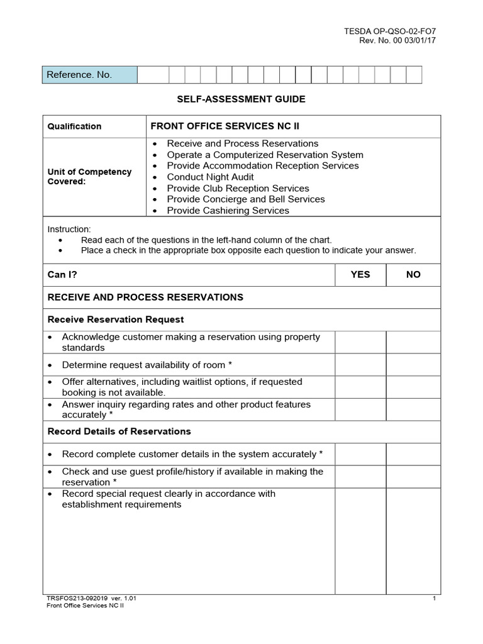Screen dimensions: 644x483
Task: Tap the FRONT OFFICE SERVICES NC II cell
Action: pos(225,126)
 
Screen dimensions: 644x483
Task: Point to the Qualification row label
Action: pos(74,126)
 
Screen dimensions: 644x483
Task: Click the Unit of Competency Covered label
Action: pos(89,177)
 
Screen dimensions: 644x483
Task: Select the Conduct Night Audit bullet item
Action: pos(210,177)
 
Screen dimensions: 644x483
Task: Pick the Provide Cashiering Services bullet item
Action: pos(228,211)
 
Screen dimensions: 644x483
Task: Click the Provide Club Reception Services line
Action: pos(238,188)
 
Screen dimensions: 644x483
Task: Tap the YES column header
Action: pos(360,274)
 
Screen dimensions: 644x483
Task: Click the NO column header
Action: pos(413,274)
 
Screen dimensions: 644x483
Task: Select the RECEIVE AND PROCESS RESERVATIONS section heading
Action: pos(145,297)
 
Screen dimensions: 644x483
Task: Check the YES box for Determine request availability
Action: pos(360,365)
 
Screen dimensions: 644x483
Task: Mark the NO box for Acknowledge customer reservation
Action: pos(413,342)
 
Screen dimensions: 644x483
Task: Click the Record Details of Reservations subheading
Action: pos(119,431)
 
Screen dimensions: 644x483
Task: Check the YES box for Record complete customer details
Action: pos(360,454)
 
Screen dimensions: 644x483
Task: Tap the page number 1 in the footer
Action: pos(434,598)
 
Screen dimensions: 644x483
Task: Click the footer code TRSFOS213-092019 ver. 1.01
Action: pos(92,598)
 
